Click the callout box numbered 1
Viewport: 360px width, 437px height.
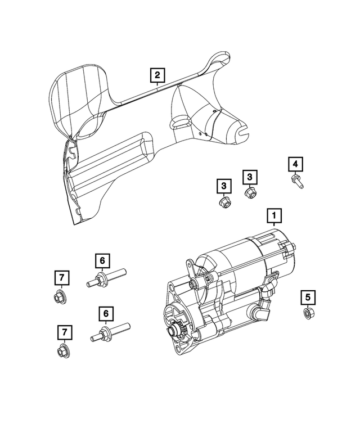[x=274, y=215]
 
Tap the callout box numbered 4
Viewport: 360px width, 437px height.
[x=295, y=164]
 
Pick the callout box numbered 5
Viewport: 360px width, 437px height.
[x=308, y=296]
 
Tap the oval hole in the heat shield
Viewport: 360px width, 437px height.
[x=180, y=122]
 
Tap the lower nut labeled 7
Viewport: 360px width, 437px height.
[x=64, y=352]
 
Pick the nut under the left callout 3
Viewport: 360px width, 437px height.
[x=223, y=202]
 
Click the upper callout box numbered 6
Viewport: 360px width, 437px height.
[x=102, y=260]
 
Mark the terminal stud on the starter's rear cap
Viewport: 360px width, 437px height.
[x=293, y=247]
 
